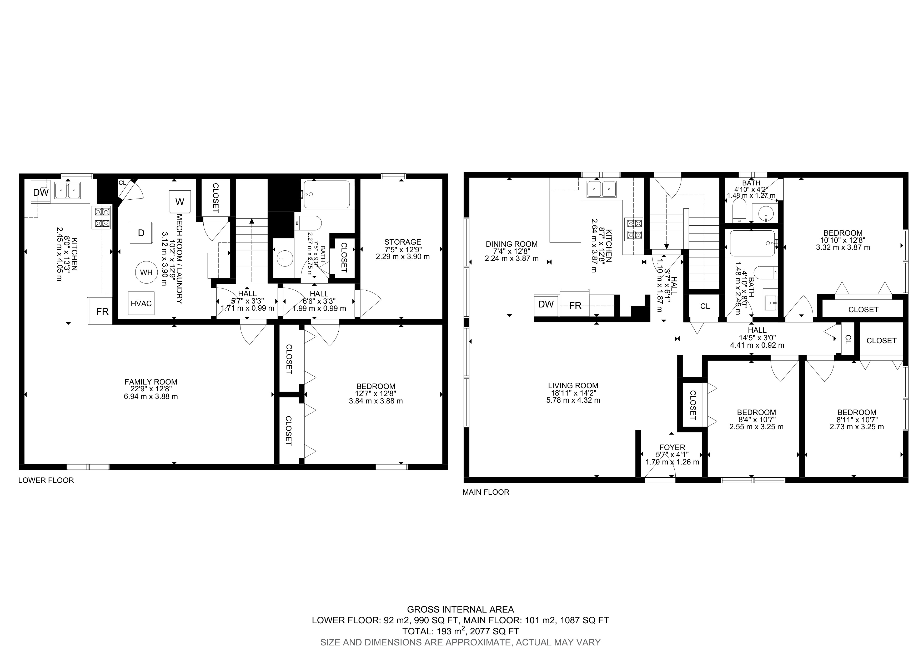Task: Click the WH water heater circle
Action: point(146,272)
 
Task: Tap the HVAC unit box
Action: point(141,303)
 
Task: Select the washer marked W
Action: point(180,201)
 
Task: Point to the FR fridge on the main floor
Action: point(575,305)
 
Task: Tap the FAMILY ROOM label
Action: point(151,382)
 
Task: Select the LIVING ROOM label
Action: point(573,386)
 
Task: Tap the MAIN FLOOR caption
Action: point(486,492)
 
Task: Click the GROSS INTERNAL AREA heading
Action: point(461,609)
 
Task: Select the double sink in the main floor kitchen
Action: point(601,189)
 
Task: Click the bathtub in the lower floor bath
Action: point(327,194)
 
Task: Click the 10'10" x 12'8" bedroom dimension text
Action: point(842,240)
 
